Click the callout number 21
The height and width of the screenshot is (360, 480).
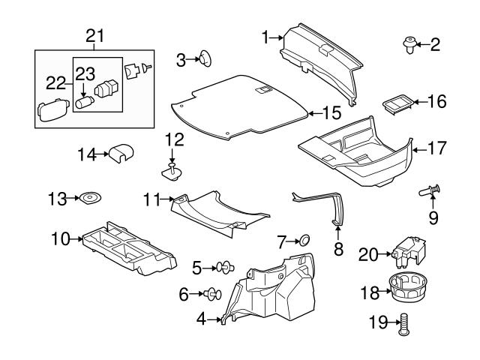point(94,36)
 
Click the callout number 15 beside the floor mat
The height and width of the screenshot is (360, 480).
point(331,113)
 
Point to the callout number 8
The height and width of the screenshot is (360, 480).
point(338,248)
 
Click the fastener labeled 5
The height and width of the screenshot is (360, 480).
point(224,266)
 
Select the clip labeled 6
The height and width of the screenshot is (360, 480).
point(211,293)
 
